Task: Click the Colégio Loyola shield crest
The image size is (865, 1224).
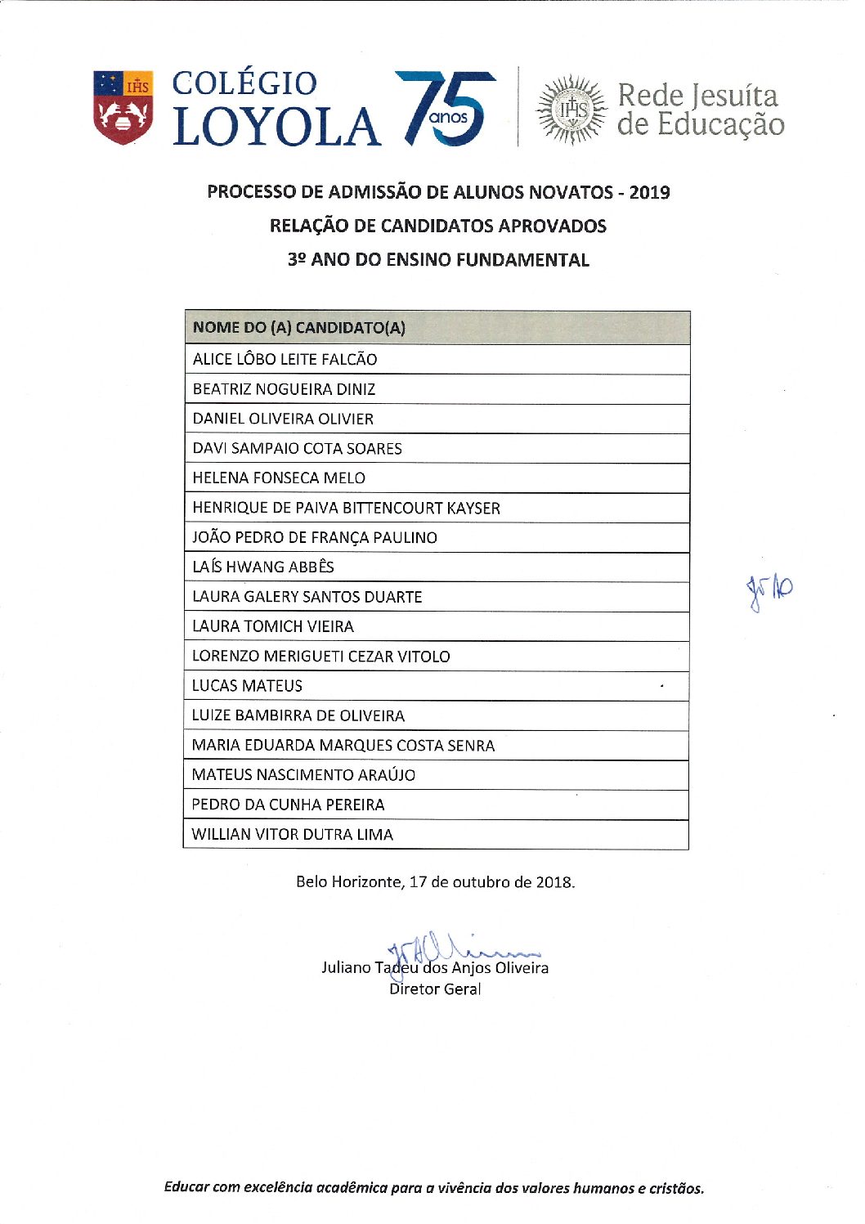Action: coord(123,108)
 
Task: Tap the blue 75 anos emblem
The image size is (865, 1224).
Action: coord(446,109)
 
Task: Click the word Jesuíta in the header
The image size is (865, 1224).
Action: coord(733,96)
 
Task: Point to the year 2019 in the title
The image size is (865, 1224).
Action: coord(649,193)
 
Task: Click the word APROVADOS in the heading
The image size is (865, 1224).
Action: coord(552,226)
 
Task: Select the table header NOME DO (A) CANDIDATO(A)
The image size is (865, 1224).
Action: coord(298,328)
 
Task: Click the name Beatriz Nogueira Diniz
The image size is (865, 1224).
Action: coord(284,389)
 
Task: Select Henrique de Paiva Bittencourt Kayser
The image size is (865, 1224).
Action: coord(346,508)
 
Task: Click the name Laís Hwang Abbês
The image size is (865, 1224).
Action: coord(262,567)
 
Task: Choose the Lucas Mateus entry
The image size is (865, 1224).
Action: coord(247,686)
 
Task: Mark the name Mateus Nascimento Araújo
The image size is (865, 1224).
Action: coord(303,774)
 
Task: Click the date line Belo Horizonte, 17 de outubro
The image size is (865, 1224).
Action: coord(435,882)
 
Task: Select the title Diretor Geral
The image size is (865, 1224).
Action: coord(435,989)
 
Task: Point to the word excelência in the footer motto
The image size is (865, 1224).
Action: coord(277,1188)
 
